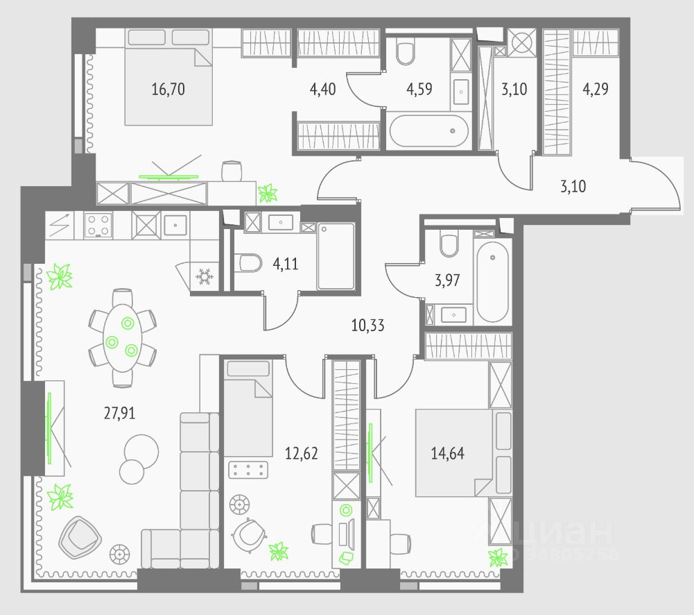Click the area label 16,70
click(168, 89)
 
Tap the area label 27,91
click(119, 414)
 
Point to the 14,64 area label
click(448, 455)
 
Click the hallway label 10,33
click(367, 324)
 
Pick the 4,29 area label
click(596, 89)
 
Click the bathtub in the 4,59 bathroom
click(428, 130)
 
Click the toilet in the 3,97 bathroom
click(449, 244)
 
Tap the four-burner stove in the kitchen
click(98, 225)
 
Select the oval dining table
click(122, 336)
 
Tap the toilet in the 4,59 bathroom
click(406, 50)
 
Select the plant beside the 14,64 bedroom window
click(497, 557)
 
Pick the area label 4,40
click(323, 89)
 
